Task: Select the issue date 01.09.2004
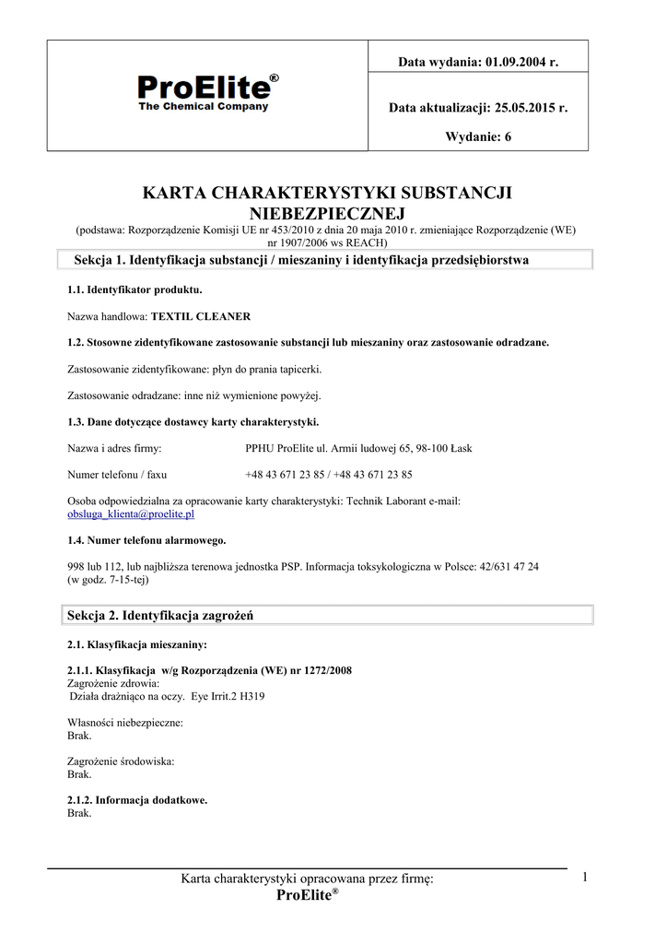(514, 62)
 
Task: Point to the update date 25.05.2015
(523, 108)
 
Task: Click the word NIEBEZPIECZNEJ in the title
(328, 213)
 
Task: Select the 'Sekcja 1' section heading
(300, 261)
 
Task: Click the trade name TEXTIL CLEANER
(201, 316)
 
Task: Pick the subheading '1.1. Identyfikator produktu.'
(135, 289)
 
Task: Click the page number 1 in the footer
(585, 878)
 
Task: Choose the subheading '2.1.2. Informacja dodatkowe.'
(137, 800)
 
